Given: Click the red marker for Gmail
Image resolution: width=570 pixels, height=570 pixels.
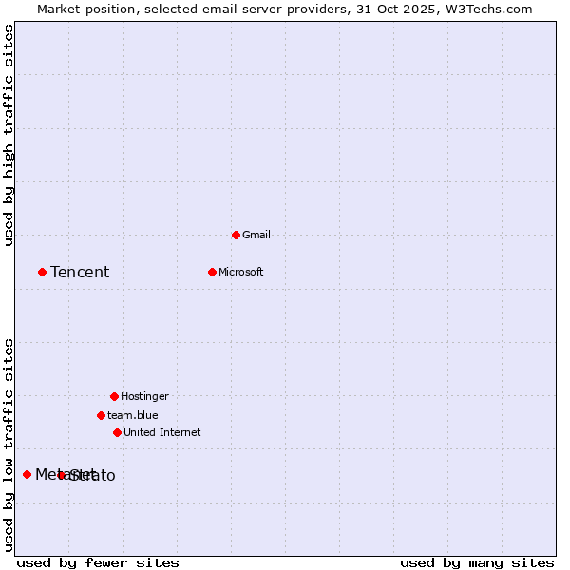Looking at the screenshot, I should click(x=236, y=235).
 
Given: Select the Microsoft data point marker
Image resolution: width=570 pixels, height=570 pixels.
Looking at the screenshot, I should click(x=212, y=272).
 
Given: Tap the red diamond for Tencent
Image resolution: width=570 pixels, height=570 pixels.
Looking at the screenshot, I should click(x=42, y=272).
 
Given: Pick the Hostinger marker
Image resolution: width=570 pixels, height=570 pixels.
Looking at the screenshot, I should click(x=114, y=396).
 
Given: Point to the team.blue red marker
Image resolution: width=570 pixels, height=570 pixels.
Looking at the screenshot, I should click(x=101, y=415).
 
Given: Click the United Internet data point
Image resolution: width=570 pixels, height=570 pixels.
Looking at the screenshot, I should click(x=117, y=432).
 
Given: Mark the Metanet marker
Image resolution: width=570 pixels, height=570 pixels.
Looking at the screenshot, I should click(x=27, y=474).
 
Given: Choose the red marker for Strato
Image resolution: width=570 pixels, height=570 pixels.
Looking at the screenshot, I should click(x=61, y=475).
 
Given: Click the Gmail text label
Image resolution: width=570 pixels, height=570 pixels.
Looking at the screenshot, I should click(x=256, y=235).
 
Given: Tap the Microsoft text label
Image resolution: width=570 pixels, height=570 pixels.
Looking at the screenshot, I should click(x=241, y=272).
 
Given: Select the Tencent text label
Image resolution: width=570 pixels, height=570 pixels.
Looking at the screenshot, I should click(x=80, y=273).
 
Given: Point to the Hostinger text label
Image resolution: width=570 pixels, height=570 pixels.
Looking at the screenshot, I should click(x=144, y=396).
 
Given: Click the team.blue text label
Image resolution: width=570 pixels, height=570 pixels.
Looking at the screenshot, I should click(x=133, y=415).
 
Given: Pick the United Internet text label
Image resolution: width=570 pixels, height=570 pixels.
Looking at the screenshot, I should click(x=162, y=432).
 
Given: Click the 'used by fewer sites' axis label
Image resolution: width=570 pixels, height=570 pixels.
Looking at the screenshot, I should click(x=98, y=562).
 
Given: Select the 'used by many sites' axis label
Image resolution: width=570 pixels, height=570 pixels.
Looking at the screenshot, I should click(x=477, y=562).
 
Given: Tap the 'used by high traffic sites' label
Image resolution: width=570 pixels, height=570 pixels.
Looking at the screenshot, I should click(x=9, y=135).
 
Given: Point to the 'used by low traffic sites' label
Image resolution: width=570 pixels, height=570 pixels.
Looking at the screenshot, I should click(x=9, y=444).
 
